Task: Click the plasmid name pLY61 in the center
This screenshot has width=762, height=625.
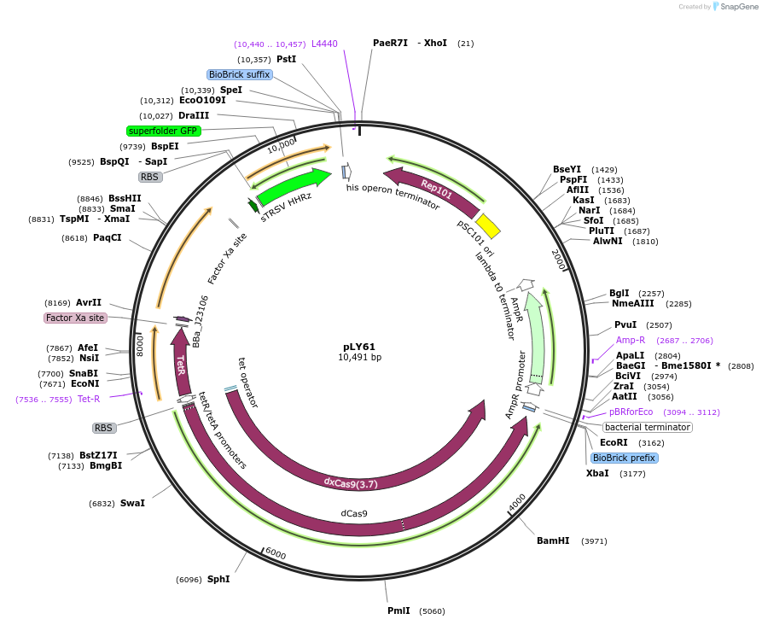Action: pos(359,347)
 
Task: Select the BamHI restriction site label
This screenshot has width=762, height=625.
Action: pos(553,541)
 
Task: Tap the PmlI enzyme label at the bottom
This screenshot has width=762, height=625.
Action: pos(398,611)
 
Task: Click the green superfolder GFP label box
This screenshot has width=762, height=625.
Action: pos(163,131)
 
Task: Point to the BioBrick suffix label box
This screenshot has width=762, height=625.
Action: pos(239,74)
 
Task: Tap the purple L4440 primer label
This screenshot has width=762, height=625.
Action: pos(324,44)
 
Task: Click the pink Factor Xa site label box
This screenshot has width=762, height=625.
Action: pos(75,318)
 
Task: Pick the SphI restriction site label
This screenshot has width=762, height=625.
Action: pos(218,579)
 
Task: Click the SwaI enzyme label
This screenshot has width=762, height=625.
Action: pos(132,503)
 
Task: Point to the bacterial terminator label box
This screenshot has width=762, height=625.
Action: pos(647,427)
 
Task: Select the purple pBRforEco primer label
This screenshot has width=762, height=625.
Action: pos(631,412)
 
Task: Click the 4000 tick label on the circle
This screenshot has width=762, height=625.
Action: pos(517,504)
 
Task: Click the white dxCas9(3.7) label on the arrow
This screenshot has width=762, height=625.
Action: pos(350,482)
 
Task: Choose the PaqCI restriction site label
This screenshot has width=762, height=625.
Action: pos(108,238)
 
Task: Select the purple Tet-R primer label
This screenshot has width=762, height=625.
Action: pos(89,399)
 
